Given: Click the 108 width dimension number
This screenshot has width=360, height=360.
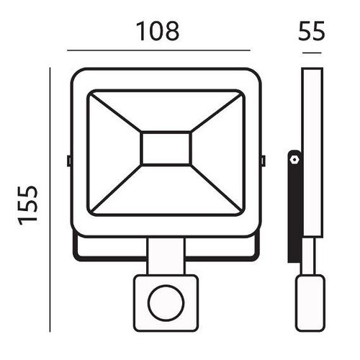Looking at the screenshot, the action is (158, 31).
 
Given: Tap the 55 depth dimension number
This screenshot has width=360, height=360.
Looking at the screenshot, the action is (312, 30).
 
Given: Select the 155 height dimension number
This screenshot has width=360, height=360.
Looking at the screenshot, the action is (28, 205).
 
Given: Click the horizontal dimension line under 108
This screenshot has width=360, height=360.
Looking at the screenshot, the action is (158, 50).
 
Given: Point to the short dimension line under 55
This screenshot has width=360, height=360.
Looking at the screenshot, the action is (312, 53).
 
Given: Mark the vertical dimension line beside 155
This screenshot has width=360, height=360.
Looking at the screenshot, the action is (50, 199).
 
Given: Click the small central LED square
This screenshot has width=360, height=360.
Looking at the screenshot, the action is (166, 148).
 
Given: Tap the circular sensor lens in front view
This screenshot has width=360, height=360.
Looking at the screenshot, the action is (166, 303).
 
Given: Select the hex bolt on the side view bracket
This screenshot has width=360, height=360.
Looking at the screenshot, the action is (293, 159).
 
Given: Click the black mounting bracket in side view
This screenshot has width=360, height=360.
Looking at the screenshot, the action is (295, 207).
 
